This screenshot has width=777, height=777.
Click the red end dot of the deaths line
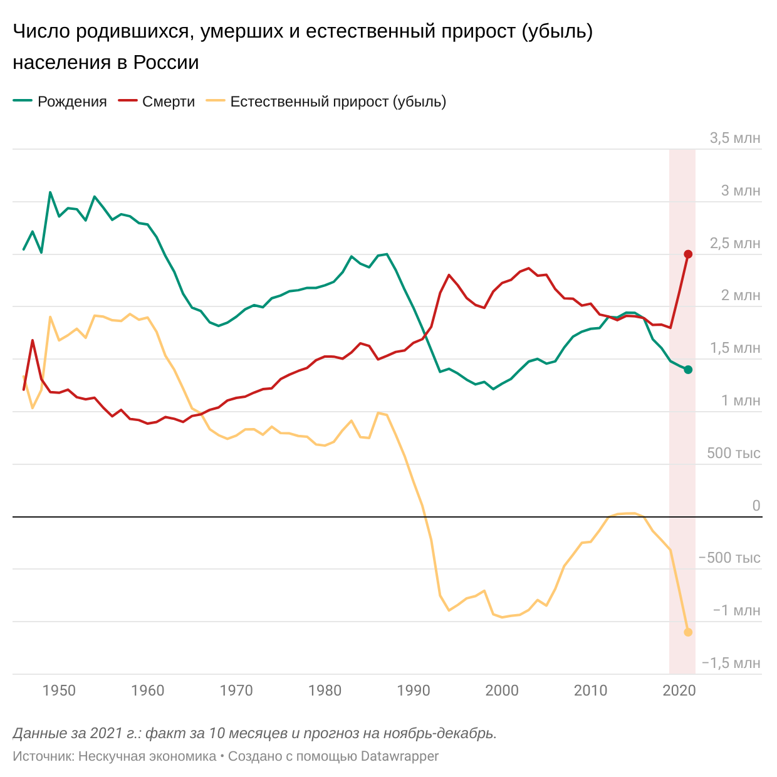[x=688, y=254]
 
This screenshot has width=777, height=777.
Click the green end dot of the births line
[x=688, y=369]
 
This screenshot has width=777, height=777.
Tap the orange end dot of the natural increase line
[x=688, y=632]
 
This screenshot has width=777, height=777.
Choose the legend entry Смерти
[x=157, y=102]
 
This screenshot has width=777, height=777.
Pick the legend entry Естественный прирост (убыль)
[x=326, y=102]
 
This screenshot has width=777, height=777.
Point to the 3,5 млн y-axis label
[x=735, y=138]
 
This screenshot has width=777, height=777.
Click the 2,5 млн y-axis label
[x=735, y=243]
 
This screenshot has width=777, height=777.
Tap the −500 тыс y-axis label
[x=729, y=558]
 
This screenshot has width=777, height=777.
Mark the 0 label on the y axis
[x=756, y=505]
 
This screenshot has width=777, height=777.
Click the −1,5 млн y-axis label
[x=731, y=663]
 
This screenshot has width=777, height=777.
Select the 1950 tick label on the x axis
[x=60, y=691]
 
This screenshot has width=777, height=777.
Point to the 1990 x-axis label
[x=414, y=691]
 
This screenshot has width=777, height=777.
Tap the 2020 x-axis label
[x=679, y=691]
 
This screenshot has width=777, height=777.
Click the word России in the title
[x=166, y=62]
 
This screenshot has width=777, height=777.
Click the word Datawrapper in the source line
[x=399, y=756]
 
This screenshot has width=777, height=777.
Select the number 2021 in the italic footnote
[x=106, y=733]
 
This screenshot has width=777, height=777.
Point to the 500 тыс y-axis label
[x=734, y=453]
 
